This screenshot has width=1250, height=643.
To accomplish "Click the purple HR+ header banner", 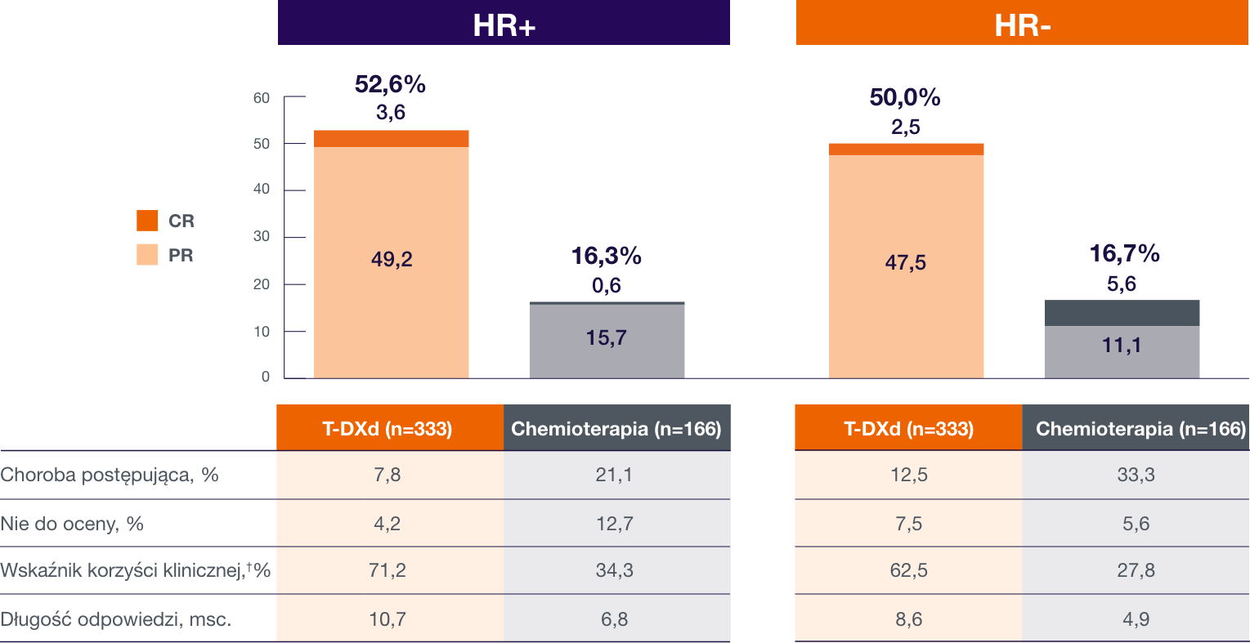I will point(504,23).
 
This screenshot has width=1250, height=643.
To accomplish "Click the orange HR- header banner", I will point(1022,23).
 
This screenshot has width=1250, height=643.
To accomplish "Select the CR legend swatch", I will point(147,221).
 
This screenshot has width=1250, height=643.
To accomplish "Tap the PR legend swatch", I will point(147,255).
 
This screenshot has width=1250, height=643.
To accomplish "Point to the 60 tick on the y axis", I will point(262,98).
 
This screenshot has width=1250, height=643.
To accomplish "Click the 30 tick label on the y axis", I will point(262,237).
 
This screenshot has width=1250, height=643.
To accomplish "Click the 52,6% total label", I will point(390,84).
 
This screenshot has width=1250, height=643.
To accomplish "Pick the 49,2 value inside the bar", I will point(392,260).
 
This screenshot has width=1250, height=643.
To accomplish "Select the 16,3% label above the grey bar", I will point(606,257).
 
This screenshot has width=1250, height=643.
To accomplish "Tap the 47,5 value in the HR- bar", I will point(906,263).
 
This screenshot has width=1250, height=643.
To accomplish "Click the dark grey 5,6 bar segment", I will point(1122,313).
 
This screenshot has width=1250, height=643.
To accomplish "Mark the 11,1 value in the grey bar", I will point(1122,346).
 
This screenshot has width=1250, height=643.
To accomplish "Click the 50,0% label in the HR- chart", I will point(905,98).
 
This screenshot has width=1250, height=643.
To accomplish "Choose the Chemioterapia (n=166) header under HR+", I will point(616,429).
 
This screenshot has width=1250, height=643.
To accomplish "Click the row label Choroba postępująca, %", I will point(110,476).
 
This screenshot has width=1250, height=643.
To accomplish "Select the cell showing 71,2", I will point(388,570).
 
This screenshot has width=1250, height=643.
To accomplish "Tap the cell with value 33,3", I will point(1136,476).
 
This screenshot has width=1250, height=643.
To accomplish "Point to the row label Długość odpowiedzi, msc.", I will point(116,619).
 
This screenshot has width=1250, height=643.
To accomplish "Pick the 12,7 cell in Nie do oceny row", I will point(614,524).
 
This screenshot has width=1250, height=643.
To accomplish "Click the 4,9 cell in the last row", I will point(1136,619).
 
